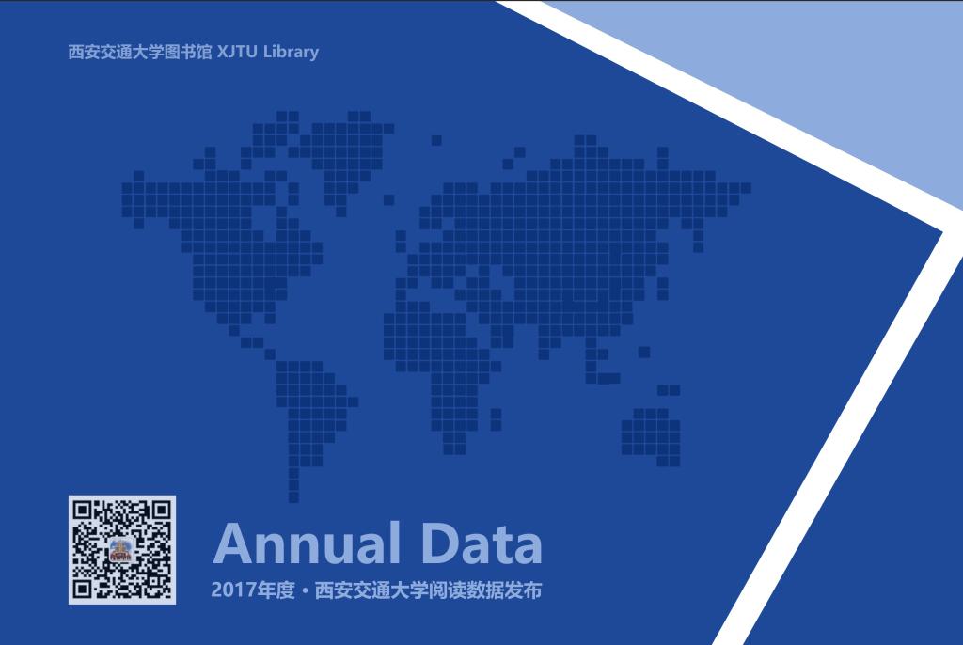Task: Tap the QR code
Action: point(122,550)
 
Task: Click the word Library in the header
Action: point(292,53)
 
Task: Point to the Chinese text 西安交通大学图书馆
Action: point(139,52)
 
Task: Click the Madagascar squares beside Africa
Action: point(496,420)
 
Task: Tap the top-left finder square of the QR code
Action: point(83,511)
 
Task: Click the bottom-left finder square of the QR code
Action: point(83,590)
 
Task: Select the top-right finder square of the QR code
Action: point(161,511)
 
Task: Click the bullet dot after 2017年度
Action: point(306,591)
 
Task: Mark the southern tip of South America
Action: point(293,497)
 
